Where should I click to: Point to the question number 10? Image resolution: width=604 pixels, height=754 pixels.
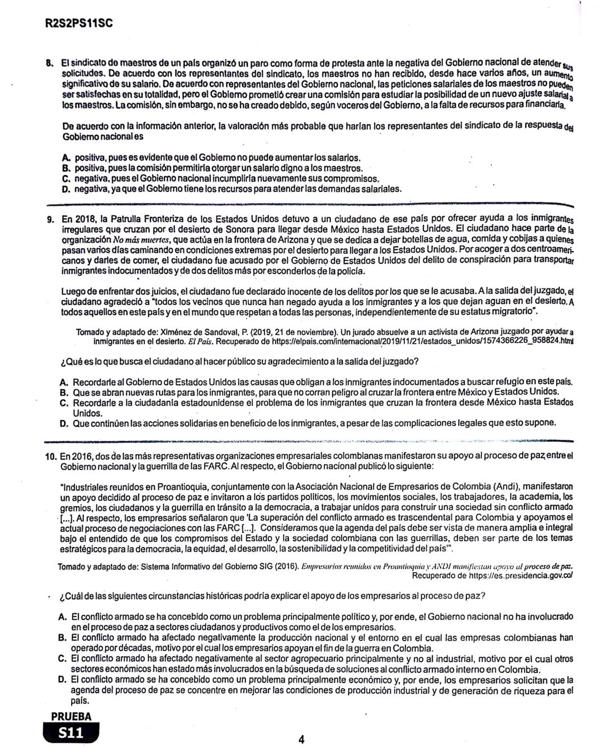click(x=51, y=456)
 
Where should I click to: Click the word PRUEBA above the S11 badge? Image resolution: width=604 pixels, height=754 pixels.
click(x=71, y=717)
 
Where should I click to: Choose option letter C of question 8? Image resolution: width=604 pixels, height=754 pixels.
click(x=65, y=179)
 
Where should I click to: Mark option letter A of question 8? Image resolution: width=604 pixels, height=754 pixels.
click(x=65, y=158)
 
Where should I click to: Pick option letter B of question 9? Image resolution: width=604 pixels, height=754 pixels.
click(x=64, y=392)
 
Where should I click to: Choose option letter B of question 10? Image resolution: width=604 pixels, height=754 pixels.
click(x=63, y=638)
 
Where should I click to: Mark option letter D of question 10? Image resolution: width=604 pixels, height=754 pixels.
click(x=63, y=680)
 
